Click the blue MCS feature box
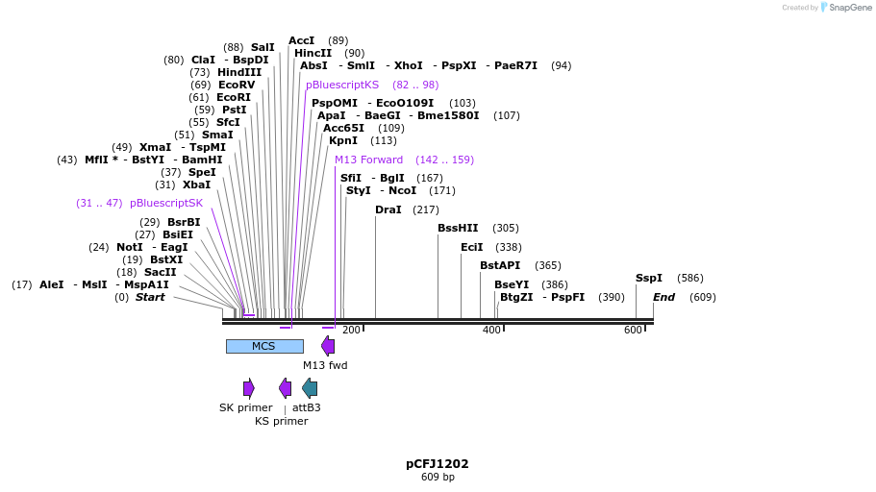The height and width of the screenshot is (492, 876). pyautogui.click(x=264, y=346)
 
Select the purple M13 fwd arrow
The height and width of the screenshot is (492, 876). pyautogui.click(x=328, y=346)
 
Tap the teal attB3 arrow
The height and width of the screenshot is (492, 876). pyautogui.click(x=310, y=388)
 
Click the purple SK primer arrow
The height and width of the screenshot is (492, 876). pyautogui.click(x=249, y=388)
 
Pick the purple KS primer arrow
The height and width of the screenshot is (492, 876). pyautogui.click(x=285, y=388)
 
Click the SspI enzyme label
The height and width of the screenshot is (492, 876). pyautogui.click(x=649, y=279)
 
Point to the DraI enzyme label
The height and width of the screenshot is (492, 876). pyautogui.click(x=388, y=209)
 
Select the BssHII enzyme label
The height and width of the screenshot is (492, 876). pyautogui.click(x=458, y=229)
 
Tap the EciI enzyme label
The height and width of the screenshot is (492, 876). pyautogui.click(x=472, y=247)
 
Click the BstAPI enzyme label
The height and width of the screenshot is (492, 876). pyautogui.click(x=500, y=265)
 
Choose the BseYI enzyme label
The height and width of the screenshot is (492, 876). pyautogui.click(x=512, y=284)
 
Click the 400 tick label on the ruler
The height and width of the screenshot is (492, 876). pyautogui.click(x=491, y=331)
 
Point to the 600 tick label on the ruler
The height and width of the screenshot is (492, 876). pyautogui.click(x=633, y=331)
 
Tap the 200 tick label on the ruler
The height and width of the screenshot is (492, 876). pyautogui.click(x=351, y=331)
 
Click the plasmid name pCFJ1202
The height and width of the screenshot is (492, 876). pyautogui.click(x=438, y=463)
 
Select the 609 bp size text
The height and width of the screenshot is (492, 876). pyautogui.click(x=438, y=478)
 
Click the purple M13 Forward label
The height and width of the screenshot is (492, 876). pyautogui.click(x=368, y=160)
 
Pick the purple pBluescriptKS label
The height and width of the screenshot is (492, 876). pyautogui.click(x=342, y=85)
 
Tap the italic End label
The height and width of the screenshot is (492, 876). pyautogui.click(x=663, y=297)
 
